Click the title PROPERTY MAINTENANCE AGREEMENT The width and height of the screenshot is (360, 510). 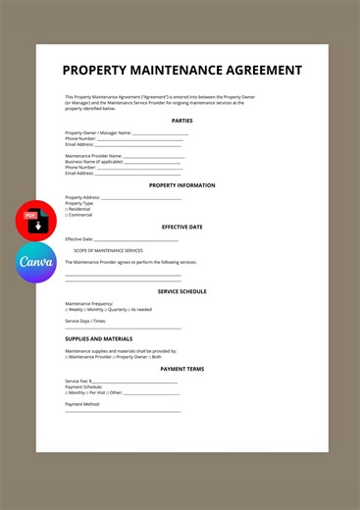(182, 71)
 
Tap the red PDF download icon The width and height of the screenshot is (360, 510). (36, 221)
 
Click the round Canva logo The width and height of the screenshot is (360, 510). (36, 263)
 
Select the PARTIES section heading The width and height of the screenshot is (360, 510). (182, 121)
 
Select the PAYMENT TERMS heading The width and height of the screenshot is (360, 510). (182, 369)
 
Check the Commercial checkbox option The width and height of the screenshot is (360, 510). (79, 215)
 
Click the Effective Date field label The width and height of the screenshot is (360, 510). (79, 238)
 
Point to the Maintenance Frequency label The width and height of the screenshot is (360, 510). (89, 303)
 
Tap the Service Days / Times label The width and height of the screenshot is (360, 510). (85, 321)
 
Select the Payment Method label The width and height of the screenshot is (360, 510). (82, 404)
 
